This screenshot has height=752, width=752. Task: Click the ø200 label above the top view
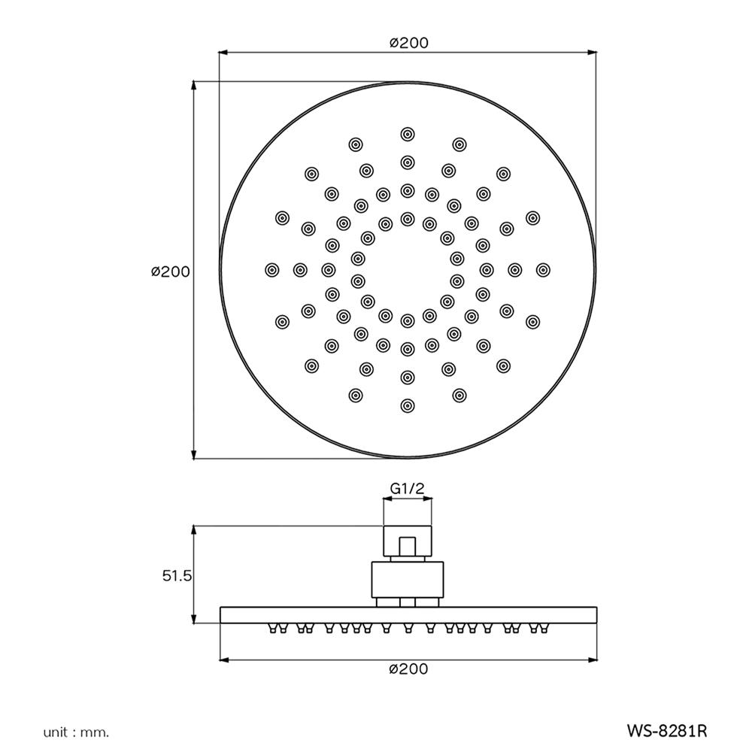(408, 43)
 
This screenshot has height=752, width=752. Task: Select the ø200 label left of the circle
(170, 271)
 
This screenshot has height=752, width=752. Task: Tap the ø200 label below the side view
(408, 669)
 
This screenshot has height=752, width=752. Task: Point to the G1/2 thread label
(408, 489)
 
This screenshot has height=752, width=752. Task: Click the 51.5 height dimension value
(178, 576)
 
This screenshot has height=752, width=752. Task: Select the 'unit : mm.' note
(76, 731)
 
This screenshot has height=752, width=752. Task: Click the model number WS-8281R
(667, 730)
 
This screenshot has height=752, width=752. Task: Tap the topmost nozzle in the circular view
(408, 134)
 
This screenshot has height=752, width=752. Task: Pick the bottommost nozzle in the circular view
(408, 405)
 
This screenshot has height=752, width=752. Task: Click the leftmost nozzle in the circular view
(272, 269)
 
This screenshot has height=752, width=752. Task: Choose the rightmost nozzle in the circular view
(543, 269)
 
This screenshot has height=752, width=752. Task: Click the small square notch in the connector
(408, 547)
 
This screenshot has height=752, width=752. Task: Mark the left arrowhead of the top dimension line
(223, 53)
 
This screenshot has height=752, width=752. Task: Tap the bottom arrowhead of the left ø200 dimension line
(195, 454)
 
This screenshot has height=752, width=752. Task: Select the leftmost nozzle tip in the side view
(272, 628)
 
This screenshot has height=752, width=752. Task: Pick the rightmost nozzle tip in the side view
(543, 628)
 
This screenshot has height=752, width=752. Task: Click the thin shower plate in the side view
(408, 615)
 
